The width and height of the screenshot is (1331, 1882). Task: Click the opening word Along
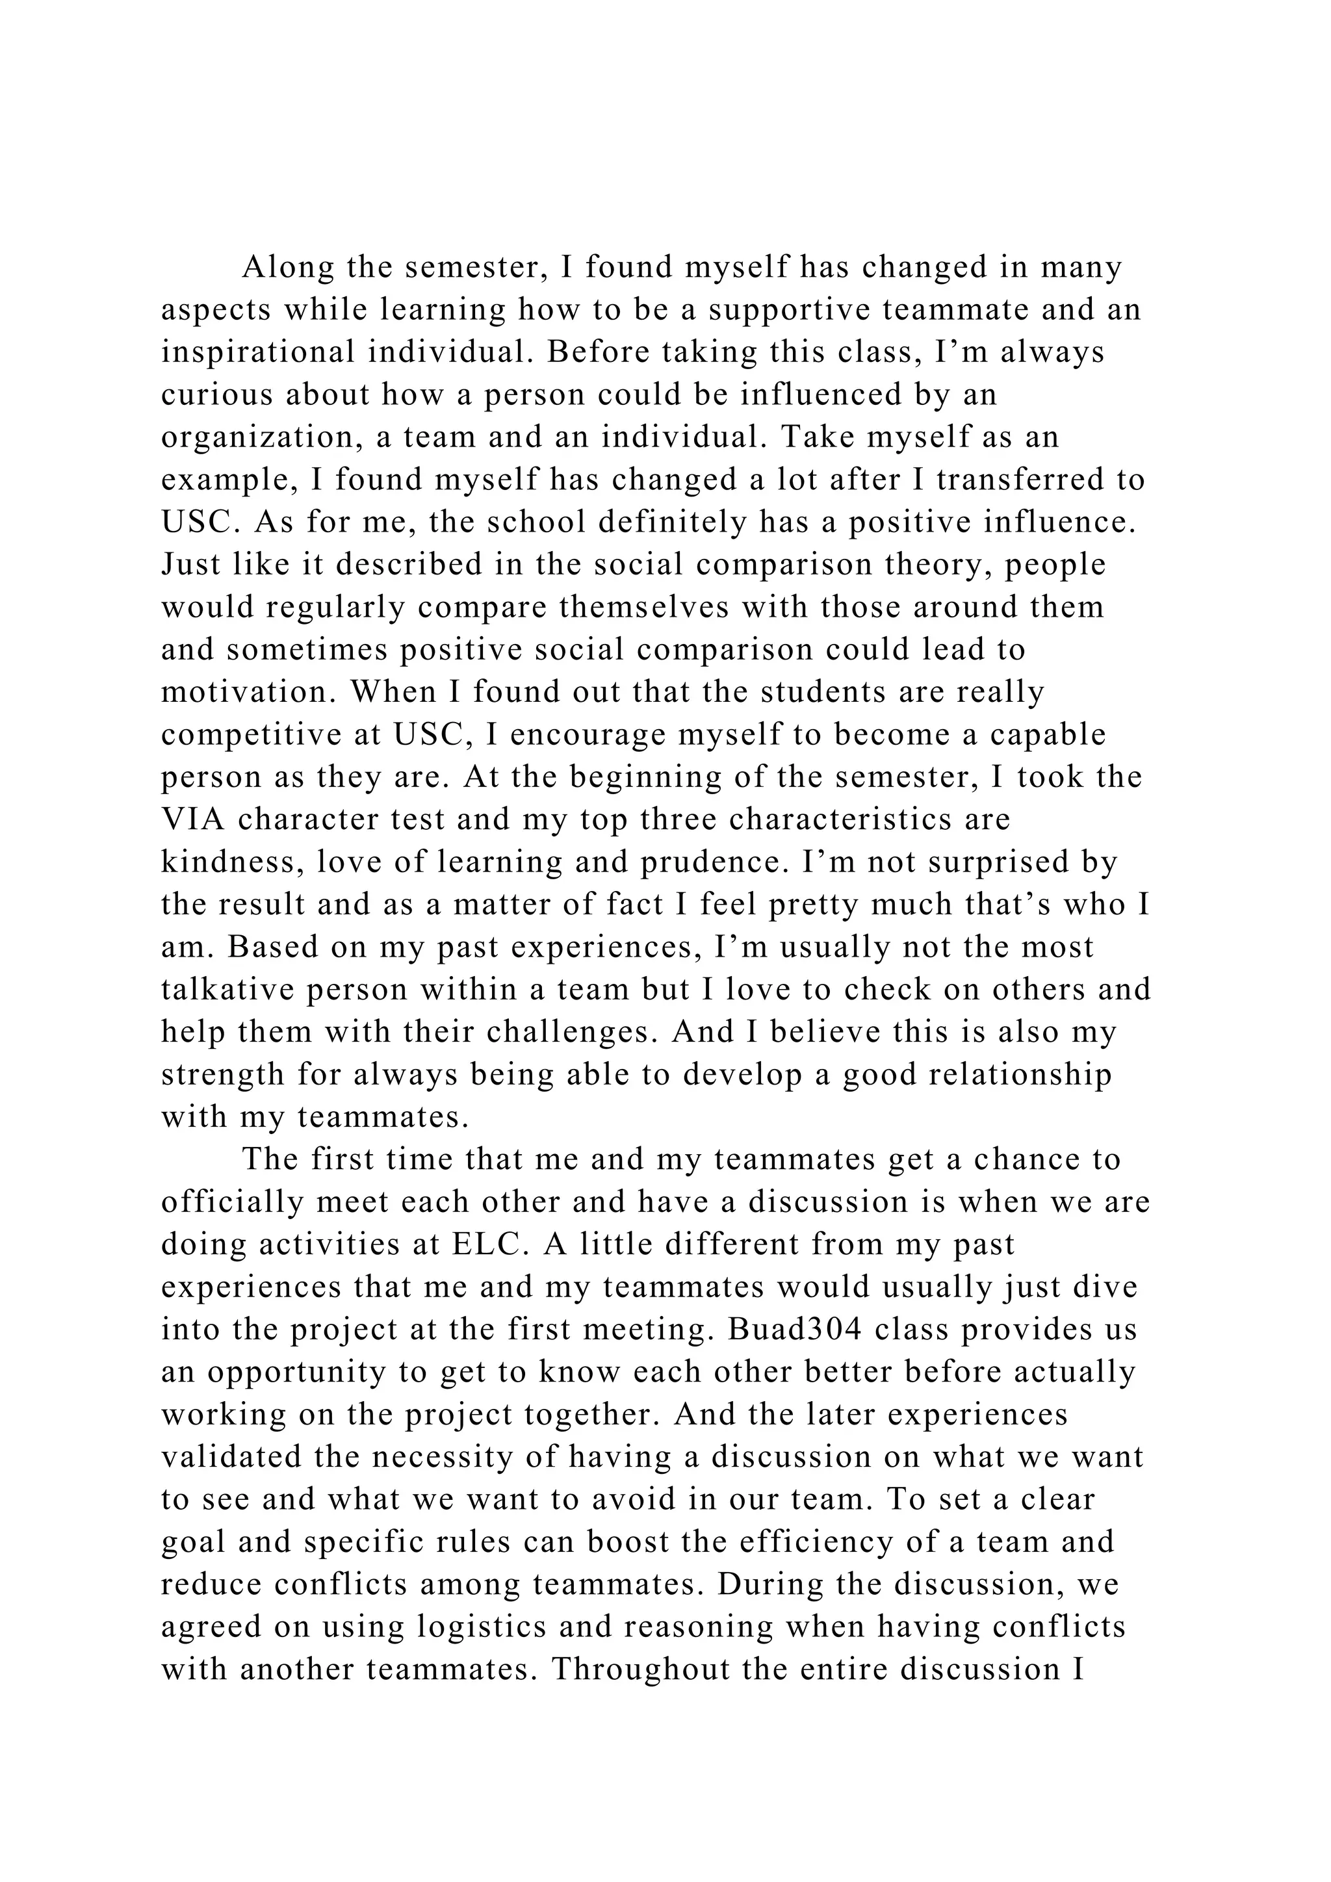tap(289, 268)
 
